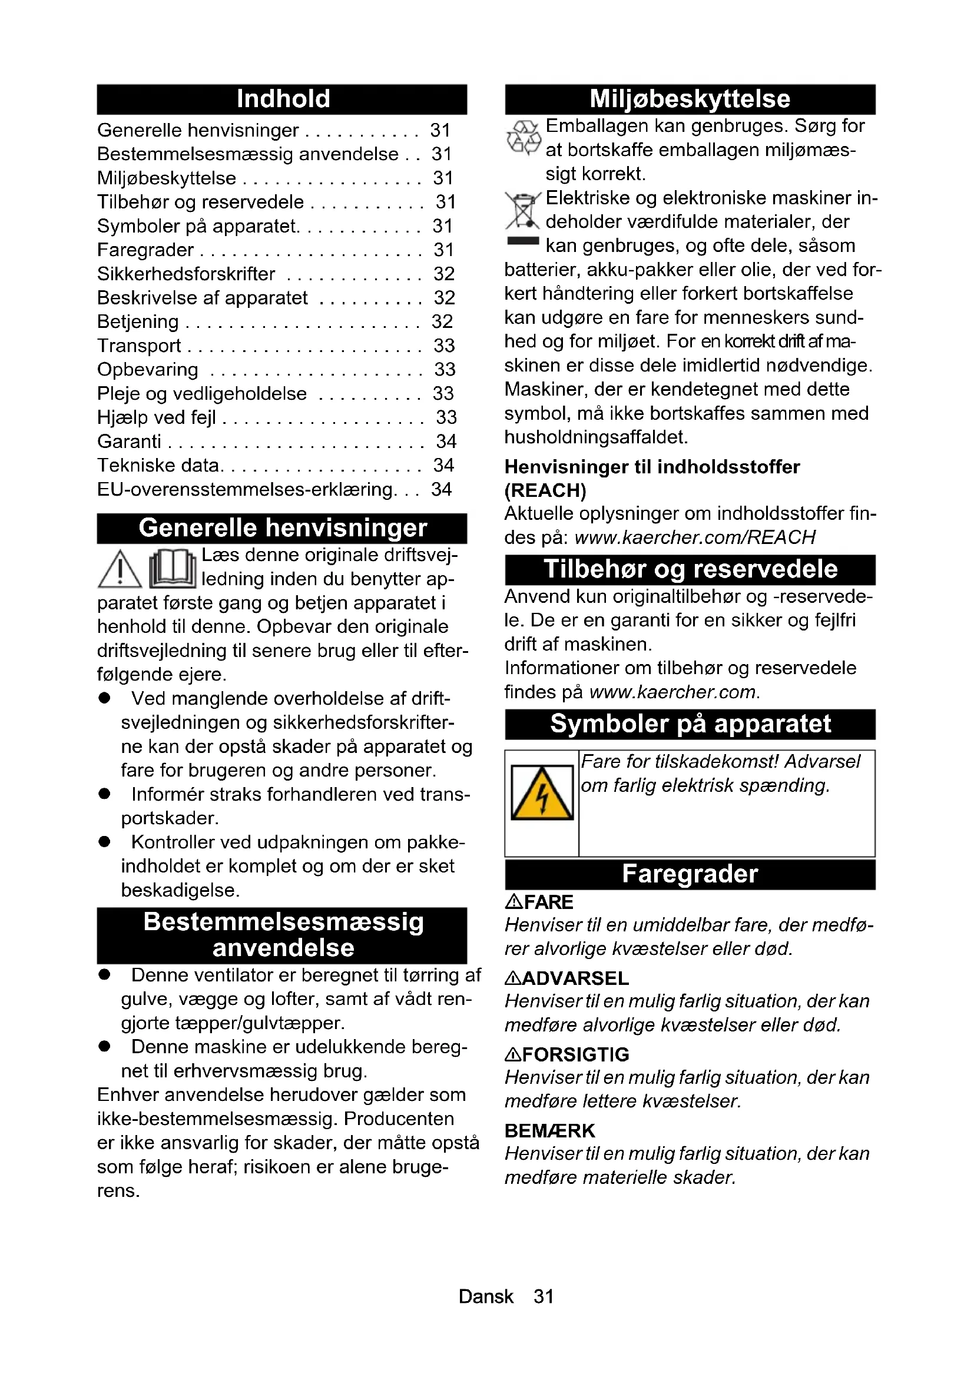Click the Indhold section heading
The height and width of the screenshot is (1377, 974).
point(283,99)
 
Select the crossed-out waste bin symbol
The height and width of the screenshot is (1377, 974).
point(523,211)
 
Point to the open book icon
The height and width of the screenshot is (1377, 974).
point(173,569)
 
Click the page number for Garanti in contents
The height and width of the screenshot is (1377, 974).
point(446,442)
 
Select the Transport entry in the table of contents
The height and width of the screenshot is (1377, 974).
point(139,346)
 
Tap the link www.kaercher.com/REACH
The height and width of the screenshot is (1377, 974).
point(694,537)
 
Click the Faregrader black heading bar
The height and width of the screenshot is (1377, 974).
point(690,874)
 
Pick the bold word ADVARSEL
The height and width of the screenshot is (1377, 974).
point(575,978)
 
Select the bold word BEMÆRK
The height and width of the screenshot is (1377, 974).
point(549,1130)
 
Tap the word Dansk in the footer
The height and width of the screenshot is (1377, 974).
point(486,1296)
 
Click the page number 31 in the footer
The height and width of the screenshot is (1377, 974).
point(544,1296)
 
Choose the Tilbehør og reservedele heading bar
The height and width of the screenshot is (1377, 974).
point(690,569)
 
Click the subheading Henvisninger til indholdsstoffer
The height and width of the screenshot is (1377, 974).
point(652,467)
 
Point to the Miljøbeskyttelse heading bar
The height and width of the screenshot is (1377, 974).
point(690,99)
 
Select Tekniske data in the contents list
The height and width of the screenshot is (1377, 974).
point(158,466)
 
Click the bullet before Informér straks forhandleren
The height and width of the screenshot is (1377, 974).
point(105,794)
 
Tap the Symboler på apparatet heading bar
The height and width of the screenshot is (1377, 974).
point(690,724)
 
